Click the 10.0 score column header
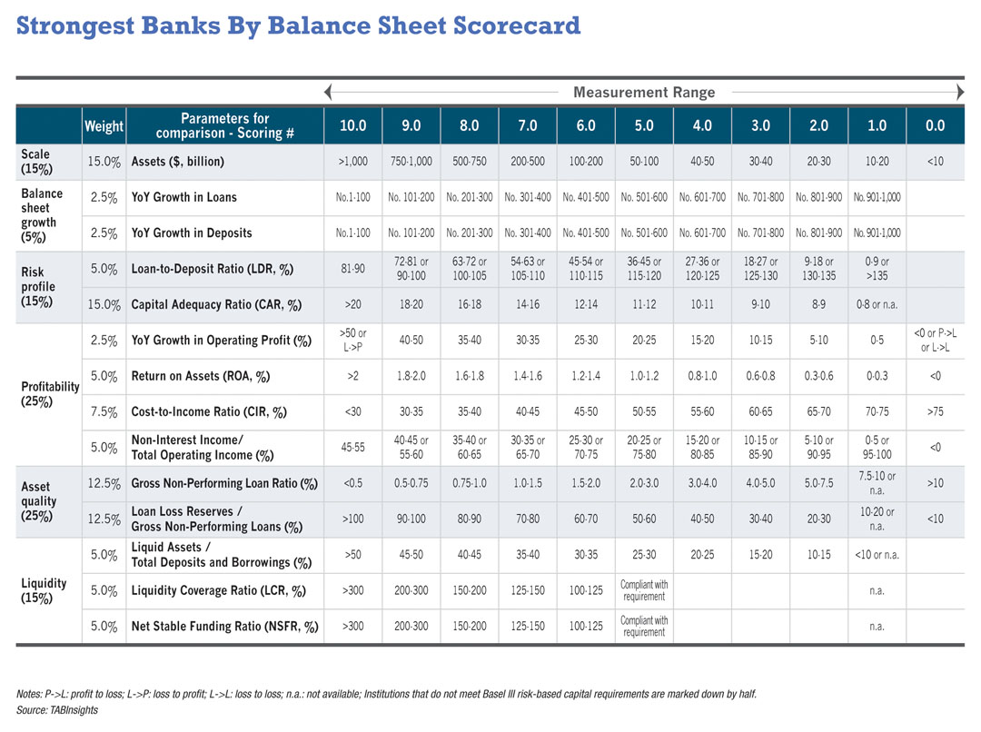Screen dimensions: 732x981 [352, 125]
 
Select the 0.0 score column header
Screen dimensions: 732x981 [935, 125]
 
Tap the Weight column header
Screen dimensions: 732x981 [104, 126]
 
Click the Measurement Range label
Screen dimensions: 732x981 [644, 92]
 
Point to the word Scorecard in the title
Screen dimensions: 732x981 [503, 25]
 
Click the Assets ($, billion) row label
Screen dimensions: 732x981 [178, 162]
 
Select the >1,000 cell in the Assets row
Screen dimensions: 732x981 [352, 162]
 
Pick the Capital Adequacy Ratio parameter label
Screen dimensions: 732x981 [217, 304]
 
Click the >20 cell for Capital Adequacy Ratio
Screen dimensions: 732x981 [352, 304]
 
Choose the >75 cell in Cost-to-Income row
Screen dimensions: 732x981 [935, 411]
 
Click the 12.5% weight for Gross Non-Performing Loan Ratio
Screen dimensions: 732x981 [104, 483]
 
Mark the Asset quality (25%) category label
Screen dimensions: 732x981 [39, 500]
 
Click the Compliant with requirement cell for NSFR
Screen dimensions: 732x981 [644, 626]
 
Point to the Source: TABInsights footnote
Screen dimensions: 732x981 [57, 709]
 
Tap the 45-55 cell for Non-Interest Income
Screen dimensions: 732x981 [352, 447]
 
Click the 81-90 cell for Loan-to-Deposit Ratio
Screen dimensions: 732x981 [352, 268]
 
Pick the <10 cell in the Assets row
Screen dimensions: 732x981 [935, 162]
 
